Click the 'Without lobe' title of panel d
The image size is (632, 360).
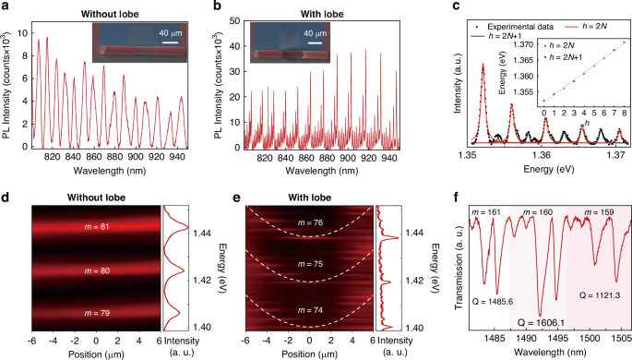coord(96,198)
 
